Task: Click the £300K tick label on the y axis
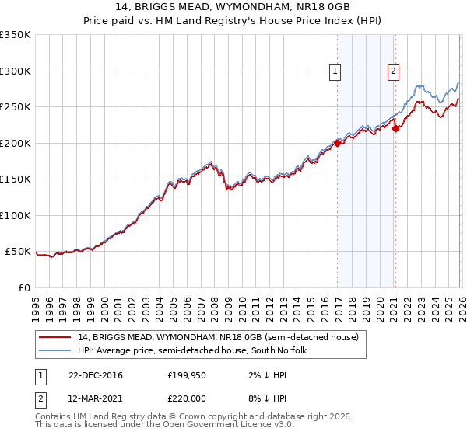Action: coord(16,71)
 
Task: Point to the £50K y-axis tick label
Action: coord(19,252)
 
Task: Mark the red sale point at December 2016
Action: coord(337,143)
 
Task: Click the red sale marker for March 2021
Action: coord(395,128)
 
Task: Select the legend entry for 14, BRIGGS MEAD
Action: coord(218,338)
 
